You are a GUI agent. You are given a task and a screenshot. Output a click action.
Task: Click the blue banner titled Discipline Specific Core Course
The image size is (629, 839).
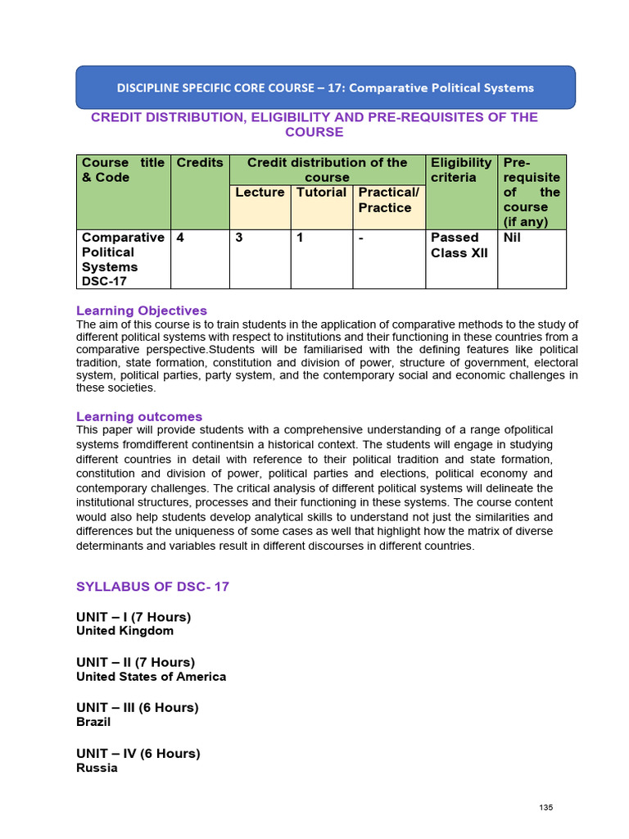pyautogui.click(x=325, y=88)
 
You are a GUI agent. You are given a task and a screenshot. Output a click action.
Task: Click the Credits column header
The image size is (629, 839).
pyautogui.click(x=200, y=163)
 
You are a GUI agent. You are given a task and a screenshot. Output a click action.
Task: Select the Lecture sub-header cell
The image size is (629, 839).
pyautogui.click(x=260, y=193)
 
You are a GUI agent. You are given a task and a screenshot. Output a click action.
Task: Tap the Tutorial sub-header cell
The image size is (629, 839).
pyautogui.click(x=321, y=193)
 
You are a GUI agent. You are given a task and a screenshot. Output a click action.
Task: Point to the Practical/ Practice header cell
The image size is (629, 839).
pyautogui.click(x=388, y=200)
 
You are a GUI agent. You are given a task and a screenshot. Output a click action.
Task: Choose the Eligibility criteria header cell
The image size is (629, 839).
pyautogui.click(x=461, y=170)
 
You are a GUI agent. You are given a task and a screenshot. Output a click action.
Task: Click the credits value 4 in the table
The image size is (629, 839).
pyautogui.click(x=180, y=238)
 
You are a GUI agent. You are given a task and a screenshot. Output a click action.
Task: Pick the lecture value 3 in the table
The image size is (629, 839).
pyautogui.click(x=239, y=238)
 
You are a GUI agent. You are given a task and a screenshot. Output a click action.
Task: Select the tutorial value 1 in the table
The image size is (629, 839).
pyautogui.click(x=301, y=238)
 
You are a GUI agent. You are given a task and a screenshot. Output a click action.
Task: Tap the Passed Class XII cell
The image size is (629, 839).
pyautogui.click(x=459, y=245)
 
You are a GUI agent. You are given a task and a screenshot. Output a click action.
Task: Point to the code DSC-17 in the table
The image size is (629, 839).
pyautogui.click(x=103, y=281)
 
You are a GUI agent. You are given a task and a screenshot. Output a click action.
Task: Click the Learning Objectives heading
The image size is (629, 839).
pyautogui.click(x=142, y=311)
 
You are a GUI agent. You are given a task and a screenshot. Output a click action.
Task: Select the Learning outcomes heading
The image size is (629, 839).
pyautogui.click(x=139, y=416)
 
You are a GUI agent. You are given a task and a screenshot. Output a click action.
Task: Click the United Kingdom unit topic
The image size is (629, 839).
pyautogui.click(x=124, y=631)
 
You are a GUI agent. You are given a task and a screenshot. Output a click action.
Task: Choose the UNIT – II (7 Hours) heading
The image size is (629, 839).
pyautogui.click(x=136, y=662)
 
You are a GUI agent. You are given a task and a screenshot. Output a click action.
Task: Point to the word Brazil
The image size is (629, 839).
pyautogui.click(x=93, y=722)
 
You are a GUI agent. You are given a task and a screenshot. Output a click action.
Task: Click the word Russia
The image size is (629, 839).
pyautogui.click(x=97, y=768)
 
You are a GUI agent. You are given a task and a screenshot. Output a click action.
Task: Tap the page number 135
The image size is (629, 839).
pyautogui.click(x=546, y=808)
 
